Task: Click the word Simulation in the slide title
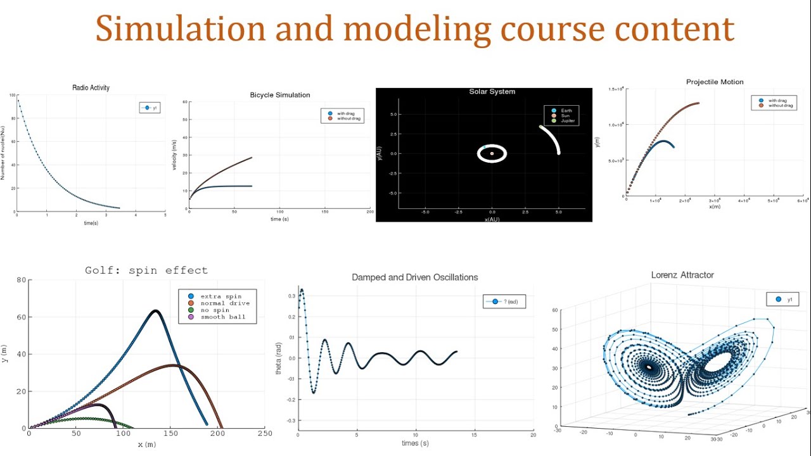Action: pyautogui.click(x=181, y=30)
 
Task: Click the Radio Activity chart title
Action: pyautogui.click(x=91, y=88)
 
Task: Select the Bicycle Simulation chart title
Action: pyautogui.click(x=280, y=95)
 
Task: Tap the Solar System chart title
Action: pyautogui.click(x=492, y=92)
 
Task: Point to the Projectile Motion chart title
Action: pyautogui.click(x=715, y=82)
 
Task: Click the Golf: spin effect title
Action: pyautogui.click(x=146, y=270)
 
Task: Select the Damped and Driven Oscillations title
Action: pyautogui.click(x=414, y=277)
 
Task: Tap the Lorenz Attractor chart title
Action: pyautogui.click(x=682, y=275)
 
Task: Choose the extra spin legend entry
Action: pyautogui.click(x=220, y=296)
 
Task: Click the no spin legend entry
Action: pyautogui.click(x=216, y=310)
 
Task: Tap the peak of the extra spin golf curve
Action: pyautogui.click(x=155, y=311)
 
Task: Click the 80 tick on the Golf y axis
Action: pyautogui.click(x=21, y=280)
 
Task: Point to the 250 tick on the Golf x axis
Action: pyautogui.click(x=265, y=434)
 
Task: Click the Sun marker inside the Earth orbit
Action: pyautogui.click(x=492, y=153)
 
